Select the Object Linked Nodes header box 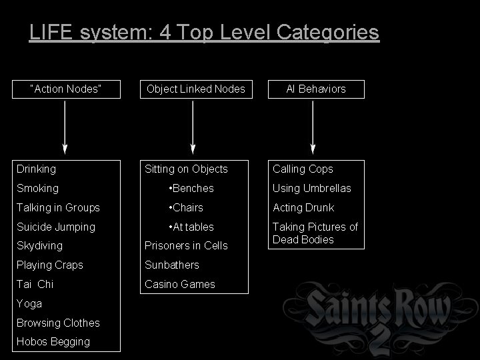pos(195,89)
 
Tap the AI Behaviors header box pos(315,89)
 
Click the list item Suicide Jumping pos(57,227)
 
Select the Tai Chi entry pos(35,284)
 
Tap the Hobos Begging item pos(53,341)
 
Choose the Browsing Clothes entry pos(59,323)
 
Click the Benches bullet pos(191,189)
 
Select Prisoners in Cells pos(187,246)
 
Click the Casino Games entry pos(181,284)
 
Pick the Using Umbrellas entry pos(312,189)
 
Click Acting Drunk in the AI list pos(303,208)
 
